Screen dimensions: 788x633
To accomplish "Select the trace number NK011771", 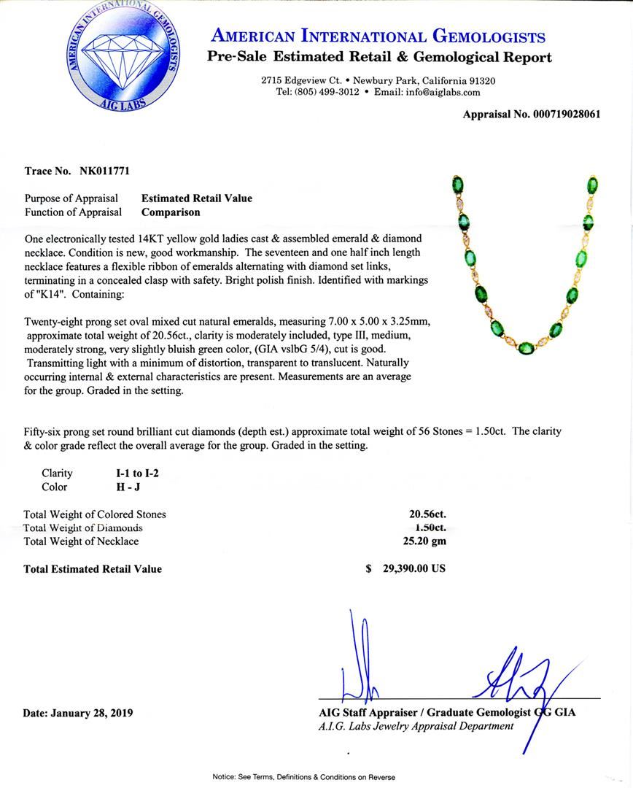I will pos(101,171).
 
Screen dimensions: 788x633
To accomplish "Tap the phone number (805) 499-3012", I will pos(327,92).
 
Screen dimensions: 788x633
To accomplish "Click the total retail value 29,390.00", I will pos(413,568).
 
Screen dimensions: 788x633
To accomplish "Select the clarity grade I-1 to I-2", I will pos(132,473).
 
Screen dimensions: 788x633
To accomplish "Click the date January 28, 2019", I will pos(96,713).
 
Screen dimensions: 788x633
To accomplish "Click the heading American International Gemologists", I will pos(377,36).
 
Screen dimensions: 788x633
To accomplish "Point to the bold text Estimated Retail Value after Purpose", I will pos(196,198).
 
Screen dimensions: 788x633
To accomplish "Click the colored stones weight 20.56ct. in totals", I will pos(427,514).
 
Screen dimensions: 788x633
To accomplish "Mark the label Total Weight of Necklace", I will pos(81,541).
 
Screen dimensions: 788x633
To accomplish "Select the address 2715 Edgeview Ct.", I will pos(302,80).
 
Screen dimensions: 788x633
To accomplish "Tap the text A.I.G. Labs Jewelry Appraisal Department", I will pos(416,726).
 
